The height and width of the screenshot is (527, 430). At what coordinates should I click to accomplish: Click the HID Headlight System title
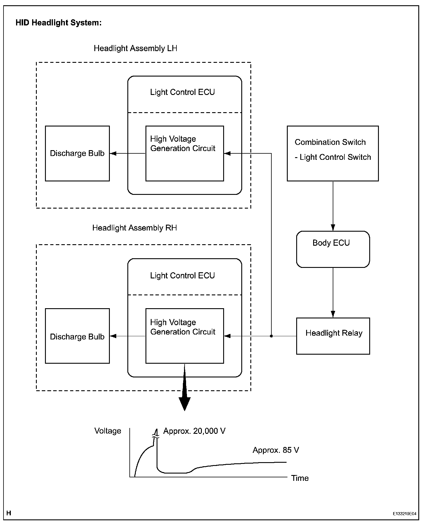click(58, 23)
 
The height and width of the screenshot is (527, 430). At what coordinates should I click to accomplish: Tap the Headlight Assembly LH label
click(135, 48)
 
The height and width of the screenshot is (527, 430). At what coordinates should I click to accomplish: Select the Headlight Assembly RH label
click(134, 228)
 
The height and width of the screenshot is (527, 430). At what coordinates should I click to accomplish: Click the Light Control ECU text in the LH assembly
click(182, 92)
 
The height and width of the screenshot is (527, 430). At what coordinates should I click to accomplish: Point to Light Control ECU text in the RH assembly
click(182, 275)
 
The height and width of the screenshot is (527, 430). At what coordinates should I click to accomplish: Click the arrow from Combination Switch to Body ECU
click(333, 206)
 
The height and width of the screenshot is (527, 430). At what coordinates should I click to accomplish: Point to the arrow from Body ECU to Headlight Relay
click(333, 293)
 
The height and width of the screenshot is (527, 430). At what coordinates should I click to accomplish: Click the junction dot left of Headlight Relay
click(271, 336)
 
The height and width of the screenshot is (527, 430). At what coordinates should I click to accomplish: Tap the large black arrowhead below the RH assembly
click(185, 404)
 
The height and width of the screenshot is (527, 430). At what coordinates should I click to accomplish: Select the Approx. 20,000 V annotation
click(194, 431)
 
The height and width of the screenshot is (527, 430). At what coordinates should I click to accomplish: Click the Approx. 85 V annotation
click(276, 450)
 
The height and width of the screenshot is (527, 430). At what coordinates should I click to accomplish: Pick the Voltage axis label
click(108, 431)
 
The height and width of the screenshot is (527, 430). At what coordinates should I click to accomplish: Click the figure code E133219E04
click(405, 514)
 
